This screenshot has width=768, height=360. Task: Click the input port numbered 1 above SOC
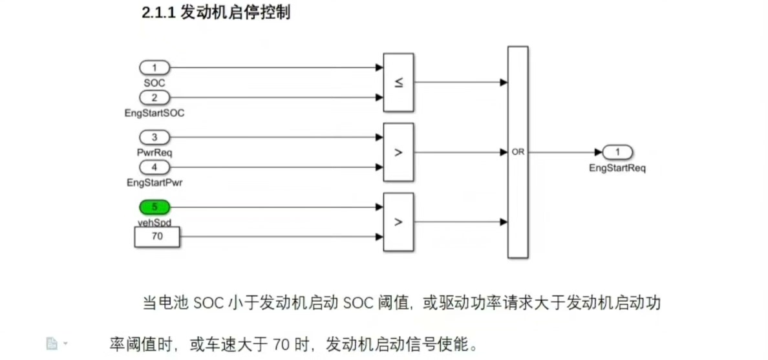click(155, 67)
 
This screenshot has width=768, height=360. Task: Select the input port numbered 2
click(155, 98)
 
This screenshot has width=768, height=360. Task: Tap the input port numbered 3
click(155, 137)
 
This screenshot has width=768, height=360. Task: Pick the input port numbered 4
click(155, 167)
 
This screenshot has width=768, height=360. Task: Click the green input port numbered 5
click(155, 207)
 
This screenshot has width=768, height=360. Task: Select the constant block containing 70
click(157, 237)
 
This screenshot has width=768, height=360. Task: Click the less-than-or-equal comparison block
click(398, 82)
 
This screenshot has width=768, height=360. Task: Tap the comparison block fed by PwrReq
click(398, 153)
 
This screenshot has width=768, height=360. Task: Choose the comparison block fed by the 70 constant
click(398, 222)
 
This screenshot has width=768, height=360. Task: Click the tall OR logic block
click(517, 152)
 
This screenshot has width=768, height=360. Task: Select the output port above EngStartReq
click(617, 153)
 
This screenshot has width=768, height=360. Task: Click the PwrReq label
click(155, 153)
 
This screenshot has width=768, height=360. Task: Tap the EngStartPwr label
click(155, 183)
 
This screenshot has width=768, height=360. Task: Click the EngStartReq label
click(617, 168)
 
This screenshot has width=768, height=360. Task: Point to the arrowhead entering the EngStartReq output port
click(598, 153)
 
